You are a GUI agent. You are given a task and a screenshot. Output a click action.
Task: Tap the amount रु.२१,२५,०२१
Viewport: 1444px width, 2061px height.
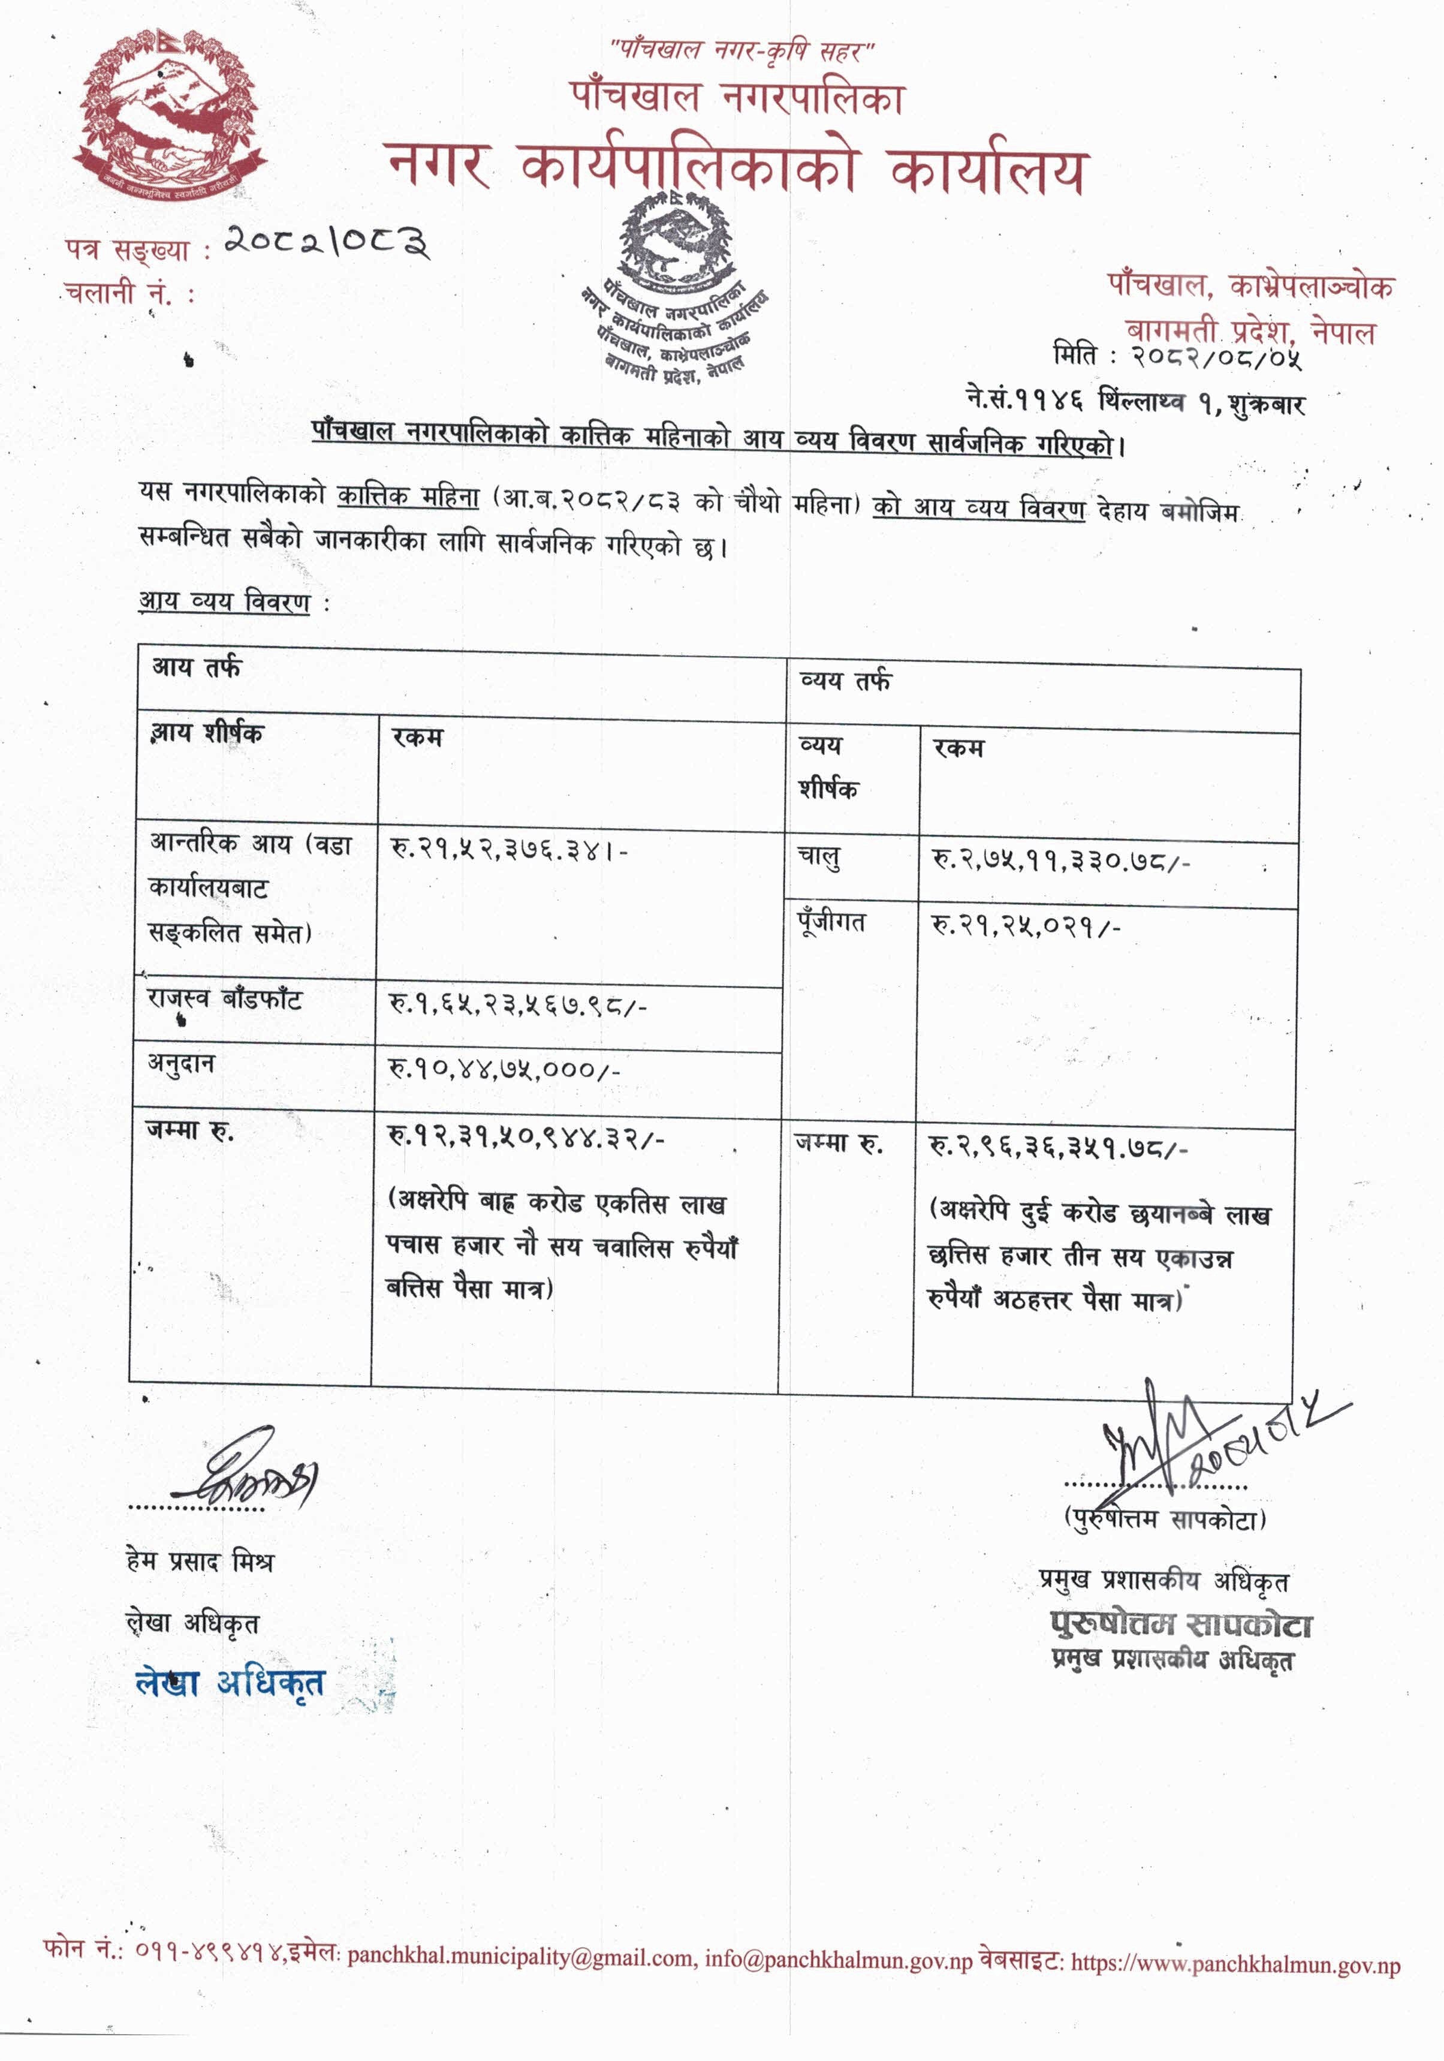tap(1026, 925)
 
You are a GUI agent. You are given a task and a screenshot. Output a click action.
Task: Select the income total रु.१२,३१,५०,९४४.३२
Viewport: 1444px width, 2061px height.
tap(526, 1138)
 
